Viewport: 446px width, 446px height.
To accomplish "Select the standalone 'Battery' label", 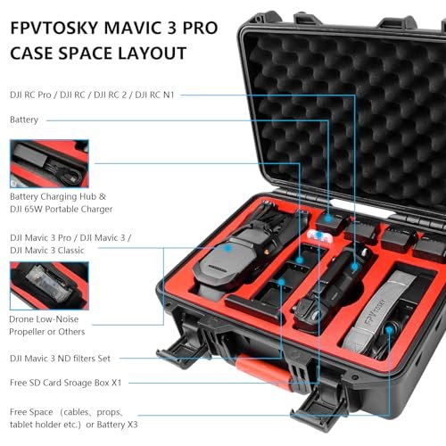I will [24, 119].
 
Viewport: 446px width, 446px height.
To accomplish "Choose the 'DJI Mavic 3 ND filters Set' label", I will [73, 358].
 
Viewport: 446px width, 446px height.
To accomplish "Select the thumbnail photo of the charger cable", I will [49, 162].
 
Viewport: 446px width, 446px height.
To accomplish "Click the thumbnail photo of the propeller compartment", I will [49, 285].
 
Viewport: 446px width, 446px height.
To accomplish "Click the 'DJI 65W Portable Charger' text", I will [62, 209].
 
